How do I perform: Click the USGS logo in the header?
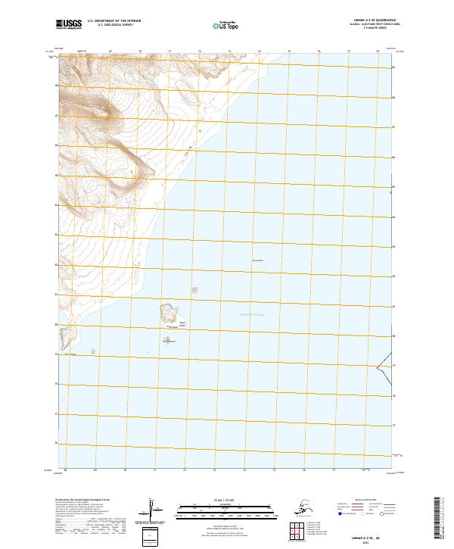64,25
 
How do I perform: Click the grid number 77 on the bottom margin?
331,470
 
